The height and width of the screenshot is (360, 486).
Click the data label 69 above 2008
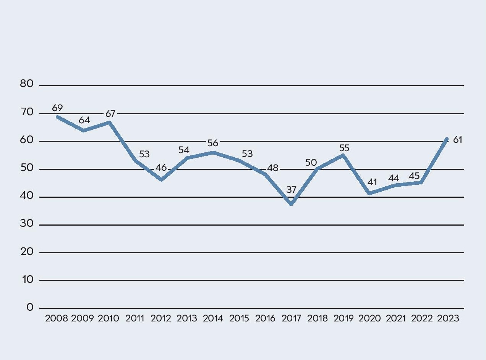pyautogui.click(x=57, y=108)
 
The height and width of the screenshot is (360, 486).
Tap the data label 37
pyautogui.click(x=291, y=190)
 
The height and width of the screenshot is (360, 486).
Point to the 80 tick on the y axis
pyautogui.click(x=27, y=85)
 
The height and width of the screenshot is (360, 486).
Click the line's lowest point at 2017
pyautogui.click(x=292, y=205)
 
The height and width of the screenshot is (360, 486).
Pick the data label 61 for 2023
pyautogui.click(x=457, y=140)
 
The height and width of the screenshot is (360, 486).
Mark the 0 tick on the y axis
pyautogui.click(x=30, y=308)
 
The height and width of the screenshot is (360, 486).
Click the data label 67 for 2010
pyautogui.click(x=110, y=113)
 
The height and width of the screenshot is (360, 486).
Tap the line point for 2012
pyautogui.click(x=162, y=179)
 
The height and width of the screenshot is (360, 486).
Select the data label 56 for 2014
pyautogui.click(x=213, y=143)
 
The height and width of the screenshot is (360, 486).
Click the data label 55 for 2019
pyautogui.click(x=344, y=148)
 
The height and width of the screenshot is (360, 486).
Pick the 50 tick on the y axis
pyautogui.click(x=27, y=169)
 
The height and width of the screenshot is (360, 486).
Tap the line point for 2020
pyautogui.click(x=369, y=194)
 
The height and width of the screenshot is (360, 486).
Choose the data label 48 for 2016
pyautogui.click(x=272, y=168)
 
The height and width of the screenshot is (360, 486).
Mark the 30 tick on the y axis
pyautogui.click(x=27, y=224)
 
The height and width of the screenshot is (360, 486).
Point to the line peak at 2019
pyautogui.click(x=343, y=155)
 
